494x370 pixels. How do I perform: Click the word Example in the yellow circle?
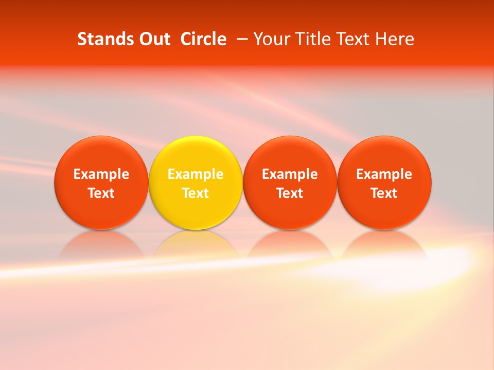[x=196, y=174]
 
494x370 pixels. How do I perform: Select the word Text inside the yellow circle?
[x=196, y=193]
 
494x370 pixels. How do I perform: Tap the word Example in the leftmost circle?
[x=101, y=174]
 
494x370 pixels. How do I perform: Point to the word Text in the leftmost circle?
[x=101, y=193]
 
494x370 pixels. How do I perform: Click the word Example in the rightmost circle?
[x=384, y=174]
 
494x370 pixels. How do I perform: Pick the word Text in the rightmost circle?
[x=384, y=193]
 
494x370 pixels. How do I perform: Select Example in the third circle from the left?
[x=290, y=174]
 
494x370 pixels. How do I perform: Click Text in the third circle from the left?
[x=290, y=193]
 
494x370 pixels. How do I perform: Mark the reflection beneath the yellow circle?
[x=196, y=244]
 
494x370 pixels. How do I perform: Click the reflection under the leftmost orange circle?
[x=101, y=244]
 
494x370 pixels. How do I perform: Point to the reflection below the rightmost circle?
[x=384, y=244]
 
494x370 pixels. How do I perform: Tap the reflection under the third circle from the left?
[x=290, y=244]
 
